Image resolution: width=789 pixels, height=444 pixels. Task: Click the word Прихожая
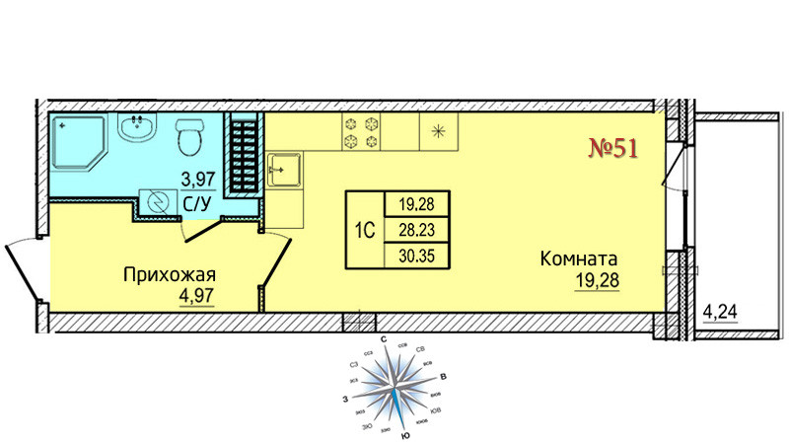pyautogui.click(x=169, y=274)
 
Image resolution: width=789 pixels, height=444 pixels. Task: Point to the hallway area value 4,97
pyautogui.click(x=196, y=293)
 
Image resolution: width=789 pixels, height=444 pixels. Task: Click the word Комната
pyautogui.click(x=585, y=260)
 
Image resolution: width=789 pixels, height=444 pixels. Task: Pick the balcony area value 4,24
pyautogui.click(x=720, y=316)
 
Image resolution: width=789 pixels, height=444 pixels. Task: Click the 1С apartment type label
pyautogui.click(x=363, y=231)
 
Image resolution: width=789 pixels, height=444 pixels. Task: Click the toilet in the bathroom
pyautogui.click(x=190, y=137)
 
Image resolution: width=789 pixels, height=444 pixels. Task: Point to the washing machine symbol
pyautogui.click(x=157, y=201)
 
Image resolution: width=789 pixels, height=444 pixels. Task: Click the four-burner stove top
pyautogui.click(x=361, y=132)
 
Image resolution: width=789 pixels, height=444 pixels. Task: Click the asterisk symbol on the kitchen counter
pyautogui.click(x=437, y=131)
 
